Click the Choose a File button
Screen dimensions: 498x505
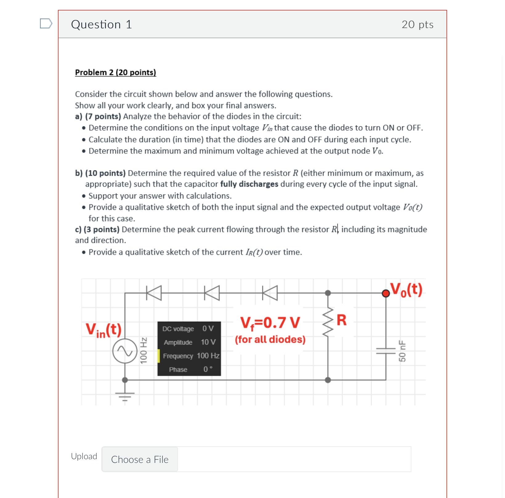pos(139,459)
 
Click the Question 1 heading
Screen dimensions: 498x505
pos(101,24)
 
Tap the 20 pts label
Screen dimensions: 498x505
pos(417,24)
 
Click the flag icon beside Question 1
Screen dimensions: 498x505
pos(46,23)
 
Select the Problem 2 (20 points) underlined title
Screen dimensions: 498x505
pos(115,72)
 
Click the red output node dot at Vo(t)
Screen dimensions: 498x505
pos(386,293)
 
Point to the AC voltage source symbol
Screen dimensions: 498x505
pos(125,351)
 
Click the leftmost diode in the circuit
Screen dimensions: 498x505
pos(154,293)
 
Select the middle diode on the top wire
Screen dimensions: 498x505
pos(212,293)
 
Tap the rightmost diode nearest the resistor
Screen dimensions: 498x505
pos(270,293)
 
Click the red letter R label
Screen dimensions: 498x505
pos(341,320)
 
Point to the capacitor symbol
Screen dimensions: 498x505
pos(386,351)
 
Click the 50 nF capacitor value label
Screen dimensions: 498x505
pos(402,351)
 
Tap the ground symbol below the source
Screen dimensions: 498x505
pos(125,396)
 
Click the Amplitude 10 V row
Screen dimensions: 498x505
pos(189,342)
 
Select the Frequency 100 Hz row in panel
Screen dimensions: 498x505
pos(191,356)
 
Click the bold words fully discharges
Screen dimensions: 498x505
pos(249,184)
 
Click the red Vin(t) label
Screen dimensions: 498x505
pos(103,330)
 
